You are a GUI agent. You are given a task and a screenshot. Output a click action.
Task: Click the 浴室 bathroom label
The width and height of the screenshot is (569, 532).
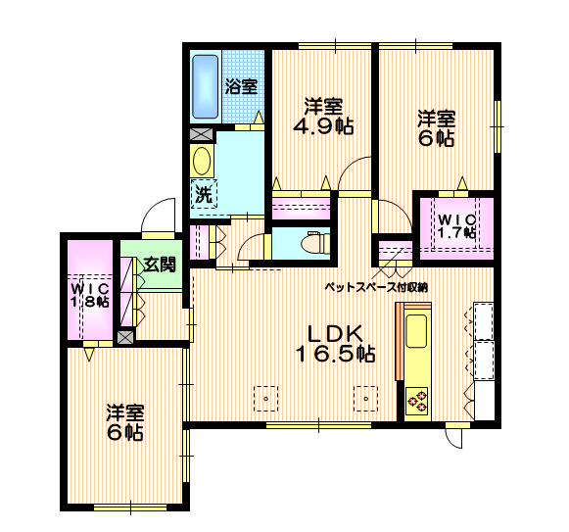pyautogui.click(x=241, y=85)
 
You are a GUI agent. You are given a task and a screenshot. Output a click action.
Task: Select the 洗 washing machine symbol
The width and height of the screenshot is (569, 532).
pyautogui.click(x=203, y=194)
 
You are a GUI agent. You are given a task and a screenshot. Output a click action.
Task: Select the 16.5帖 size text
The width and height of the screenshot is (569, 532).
pyautogui.click(x=336, y=354)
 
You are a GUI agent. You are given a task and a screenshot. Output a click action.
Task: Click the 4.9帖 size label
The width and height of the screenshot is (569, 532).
pyautogui.click(x=323, y=125)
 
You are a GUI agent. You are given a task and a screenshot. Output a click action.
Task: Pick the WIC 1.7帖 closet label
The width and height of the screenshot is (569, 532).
pyautogui.click(x=456, y=225)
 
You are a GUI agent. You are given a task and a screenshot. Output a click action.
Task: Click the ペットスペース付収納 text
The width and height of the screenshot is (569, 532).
pyautogui.click(x=377, y=287)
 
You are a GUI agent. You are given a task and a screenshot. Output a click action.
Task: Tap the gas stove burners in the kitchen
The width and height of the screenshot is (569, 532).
pyautogui.click(x=418, y=400)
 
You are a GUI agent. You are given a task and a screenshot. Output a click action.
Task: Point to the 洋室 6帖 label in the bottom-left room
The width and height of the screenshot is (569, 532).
pyautogui.click(x=126, y=421)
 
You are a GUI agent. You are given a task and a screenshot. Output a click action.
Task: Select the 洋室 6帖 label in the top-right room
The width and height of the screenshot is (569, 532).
pyautogui.click(x=436, y=128)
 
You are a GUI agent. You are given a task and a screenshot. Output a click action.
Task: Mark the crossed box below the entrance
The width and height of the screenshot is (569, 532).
pyautogui.click(x=125, y=337)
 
